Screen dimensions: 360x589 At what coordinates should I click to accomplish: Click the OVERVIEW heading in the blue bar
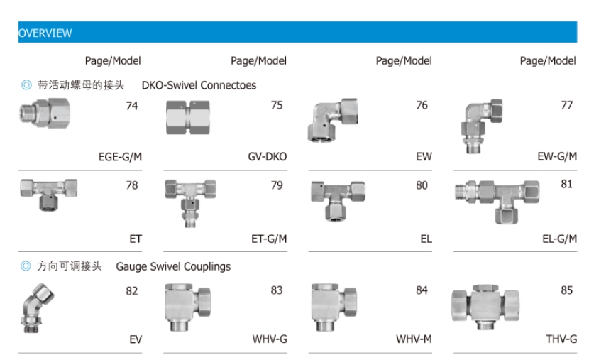(x=45, y=33)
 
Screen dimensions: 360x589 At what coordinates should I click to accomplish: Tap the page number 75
(x=277, y=106)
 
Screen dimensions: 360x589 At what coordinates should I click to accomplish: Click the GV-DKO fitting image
(x=194, y=117)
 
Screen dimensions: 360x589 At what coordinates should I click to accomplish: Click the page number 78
(x=132, y=186)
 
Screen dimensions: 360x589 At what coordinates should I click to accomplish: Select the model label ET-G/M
(x=269, y=239)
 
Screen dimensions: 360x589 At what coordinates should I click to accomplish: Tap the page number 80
(x=422, y=186)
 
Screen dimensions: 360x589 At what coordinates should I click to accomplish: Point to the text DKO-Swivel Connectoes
(x=199, y=85)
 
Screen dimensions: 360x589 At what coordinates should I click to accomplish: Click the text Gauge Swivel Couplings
(x=173, y=267)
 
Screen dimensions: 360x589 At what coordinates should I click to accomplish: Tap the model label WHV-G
(x=270, y=339)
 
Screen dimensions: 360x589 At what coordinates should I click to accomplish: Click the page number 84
(x=422, y=290)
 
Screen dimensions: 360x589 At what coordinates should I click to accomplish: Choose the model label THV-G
(x=561, y=339)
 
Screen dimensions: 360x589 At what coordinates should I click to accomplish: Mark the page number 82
(x=132, y=290)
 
